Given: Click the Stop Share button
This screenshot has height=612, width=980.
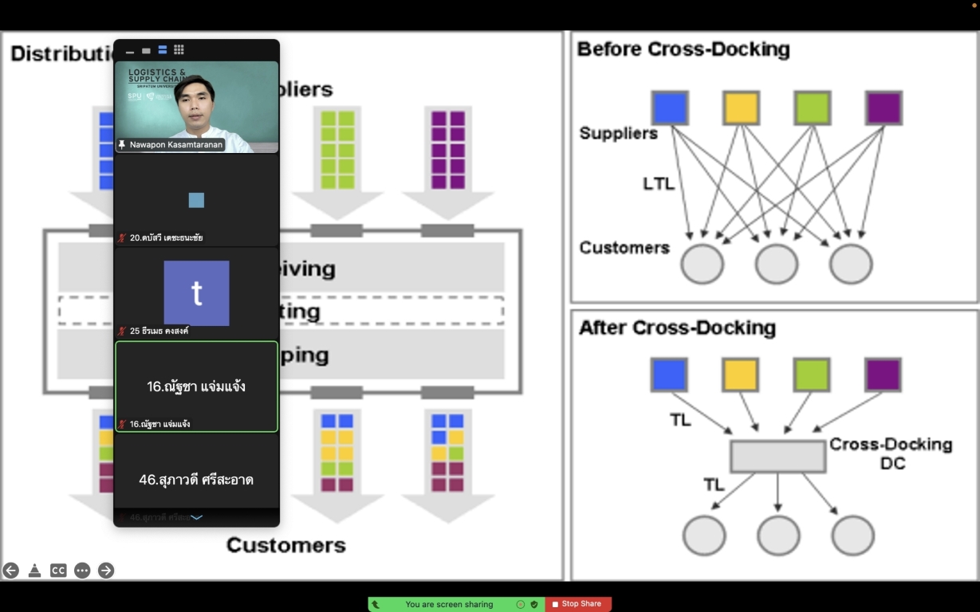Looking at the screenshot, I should [x=578, y=604].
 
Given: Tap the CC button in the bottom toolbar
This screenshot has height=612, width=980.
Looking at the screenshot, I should [x=58, y=571].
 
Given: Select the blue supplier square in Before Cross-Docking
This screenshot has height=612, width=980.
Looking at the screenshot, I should [x=670, y=108].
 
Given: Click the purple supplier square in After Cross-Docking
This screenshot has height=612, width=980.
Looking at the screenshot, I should [x=883, y=375].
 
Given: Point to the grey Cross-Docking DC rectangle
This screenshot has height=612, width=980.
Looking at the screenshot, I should [x=777, y=456].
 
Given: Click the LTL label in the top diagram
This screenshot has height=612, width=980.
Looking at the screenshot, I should [x=659, y=184].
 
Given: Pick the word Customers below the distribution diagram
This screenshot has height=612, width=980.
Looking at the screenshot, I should [x=285, y=545].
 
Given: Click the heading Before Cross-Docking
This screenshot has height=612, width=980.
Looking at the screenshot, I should [x=683, y=49].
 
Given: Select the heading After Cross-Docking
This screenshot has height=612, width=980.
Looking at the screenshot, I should [x=677, y=328].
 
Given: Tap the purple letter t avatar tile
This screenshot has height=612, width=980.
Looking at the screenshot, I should [x=196, y=293].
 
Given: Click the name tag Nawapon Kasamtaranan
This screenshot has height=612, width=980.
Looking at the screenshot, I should [x=175, y=145].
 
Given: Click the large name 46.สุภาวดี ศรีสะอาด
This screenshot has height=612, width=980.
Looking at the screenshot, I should [x=196, y=480].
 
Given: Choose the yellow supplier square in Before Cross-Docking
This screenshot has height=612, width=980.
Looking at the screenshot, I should [x=741, y=108].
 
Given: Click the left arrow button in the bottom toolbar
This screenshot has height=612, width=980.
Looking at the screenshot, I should [x=10, y=571].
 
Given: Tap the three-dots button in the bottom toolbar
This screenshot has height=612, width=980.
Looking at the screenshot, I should [x=82, y=571].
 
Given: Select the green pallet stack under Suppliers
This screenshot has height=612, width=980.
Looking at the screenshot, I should [x=337, y=149].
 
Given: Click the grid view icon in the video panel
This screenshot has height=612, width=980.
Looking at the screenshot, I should [x=179, y=49].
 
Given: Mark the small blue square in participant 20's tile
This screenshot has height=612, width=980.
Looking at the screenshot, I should [x=196, y=200].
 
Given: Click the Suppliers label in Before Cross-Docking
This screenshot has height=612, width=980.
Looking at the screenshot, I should [x=618, y=133].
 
